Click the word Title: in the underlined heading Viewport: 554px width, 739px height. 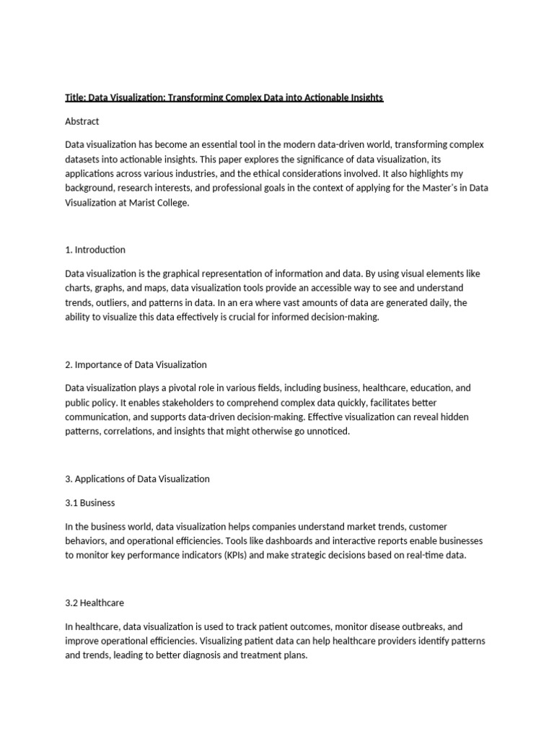coord(76,97)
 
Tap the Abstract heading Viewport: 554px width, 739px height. coord(82,121)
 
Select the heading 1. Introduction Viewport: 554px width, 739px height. coord(95,250)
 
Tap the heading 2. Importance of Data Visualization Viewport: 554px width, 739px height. coord(136,364)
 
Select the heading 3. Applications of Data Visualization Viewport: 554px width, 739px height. coord(137,478)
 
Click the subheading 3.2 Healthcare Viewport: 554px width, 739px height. coord(95,602)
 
